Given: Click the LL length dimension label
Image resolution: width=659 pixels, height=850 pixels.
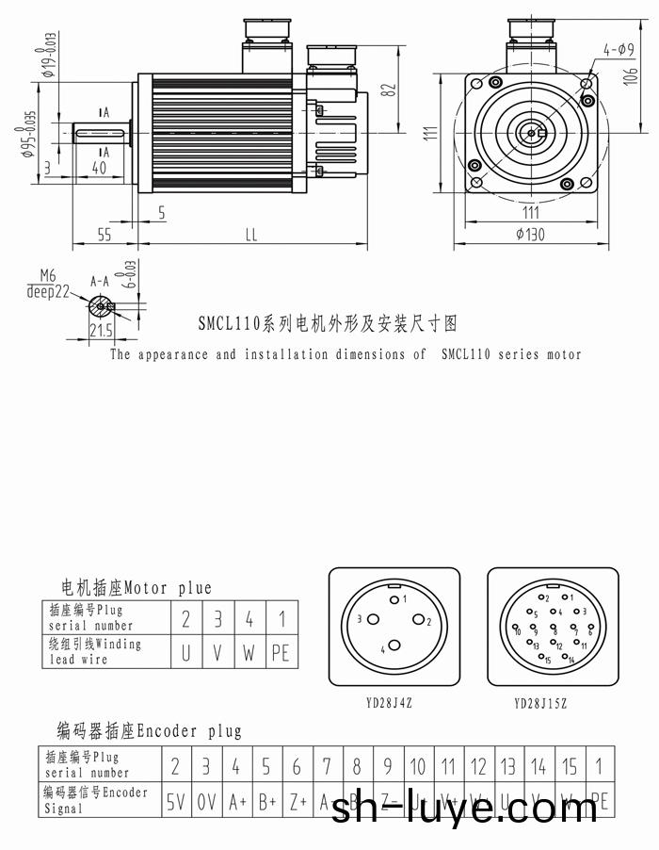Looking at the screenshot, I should [250, 236].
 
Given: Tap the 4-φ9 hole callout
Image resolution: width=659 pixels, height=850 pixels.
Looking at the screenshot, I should [619, 48].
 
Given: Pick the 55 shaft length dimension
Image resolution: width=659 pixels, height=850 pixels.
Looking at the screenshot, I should [104, 236].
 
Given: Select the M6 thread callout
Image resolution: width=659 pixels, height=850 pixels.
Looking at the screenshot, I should [48, 275].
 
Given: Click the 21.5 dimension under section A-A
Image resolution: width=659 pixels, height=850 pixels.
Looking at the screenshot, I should [100, 330].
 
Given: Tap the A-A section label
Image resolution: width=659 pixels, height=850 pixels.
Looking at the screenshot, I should [99, 281].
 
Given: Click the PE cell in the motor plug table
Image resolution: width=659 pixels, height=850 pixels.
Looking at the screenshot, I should [280, 651].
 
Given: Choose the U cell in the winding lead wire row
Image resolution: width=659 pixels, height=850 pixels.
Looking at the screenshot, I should [185, 651].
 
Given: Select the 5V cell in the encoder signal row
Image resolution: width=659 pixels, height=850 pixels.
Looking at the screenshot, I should [176, 803].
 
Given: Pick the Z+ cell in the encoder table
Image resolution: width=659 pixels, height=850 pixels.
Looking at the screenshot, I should [297, 803].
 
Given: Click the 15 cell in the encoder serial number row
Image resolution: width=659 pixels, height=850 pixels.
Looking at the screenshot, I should [569, 767].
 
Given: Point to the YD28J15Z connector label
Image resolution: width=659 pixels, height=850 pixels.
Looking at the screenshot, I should [540, 703].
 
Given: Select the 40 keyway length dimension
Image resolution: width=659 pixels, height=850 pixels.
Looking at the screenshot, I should [97, 168].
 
